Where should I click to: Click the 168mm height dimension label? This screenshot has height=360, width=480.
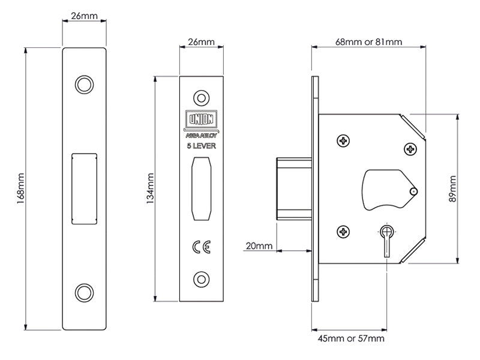tap(20, 187)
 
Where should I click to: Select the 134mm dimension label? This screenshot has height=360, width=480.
tap(150, 188)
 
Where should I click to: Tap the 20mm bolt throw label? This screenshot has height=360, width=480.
tap(259, 247)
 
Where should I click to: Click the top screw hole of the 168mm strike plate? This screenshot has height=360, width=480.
tap(84, 83)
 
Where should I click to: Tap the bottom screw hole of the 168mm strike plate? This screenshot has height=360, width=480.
tap(84, 292)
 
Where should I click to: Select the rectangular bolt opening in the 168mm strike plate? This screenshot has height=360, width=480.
tap(84, 187)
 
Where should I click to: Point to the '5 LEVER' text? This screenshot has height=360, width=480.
tap(201, 146)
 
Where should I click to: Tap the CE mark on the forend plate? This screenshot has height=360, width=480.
tap(201, 247)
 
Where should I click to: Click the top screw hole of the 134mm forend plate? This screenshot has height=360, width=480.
tap(201, 97)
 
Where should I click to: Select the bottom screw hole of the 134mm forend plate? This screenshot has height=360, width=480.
tap(201, 278)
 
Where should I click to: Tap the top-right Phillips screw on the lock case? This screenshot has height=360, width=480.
tap(410, 149)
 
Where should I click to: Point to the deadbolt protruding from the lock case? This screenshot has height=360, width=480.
tap(293, 187)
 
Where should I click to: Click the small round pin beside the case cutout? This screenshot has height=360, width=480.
tap(413, 191)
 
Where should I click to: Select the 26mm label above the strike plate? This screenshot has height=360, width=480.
tap(84, 16)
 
